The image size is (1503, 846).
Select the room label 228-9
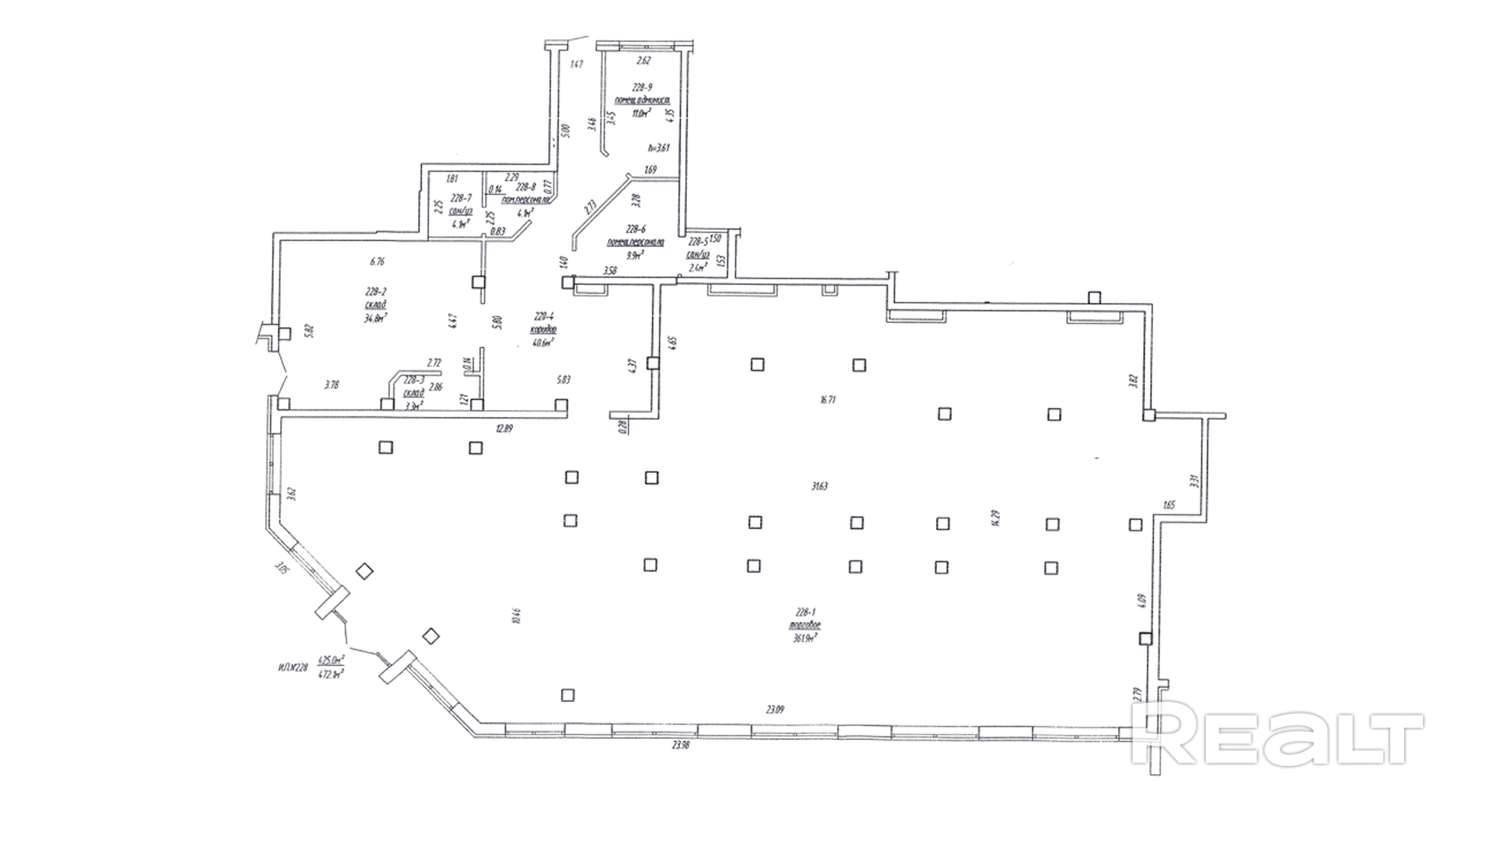click(642, 88)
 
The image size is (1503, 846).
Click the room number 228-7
click(461, 197)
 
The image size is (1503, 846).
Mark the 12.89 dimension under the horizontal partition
click(504, 429)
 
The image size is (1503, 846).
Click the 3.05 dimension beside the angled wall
click(283, 567)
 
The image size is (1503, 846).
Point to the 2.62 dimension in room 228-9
click(643, 60)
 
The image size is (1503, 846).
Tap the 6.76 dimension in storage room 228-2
click(378, 261)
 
